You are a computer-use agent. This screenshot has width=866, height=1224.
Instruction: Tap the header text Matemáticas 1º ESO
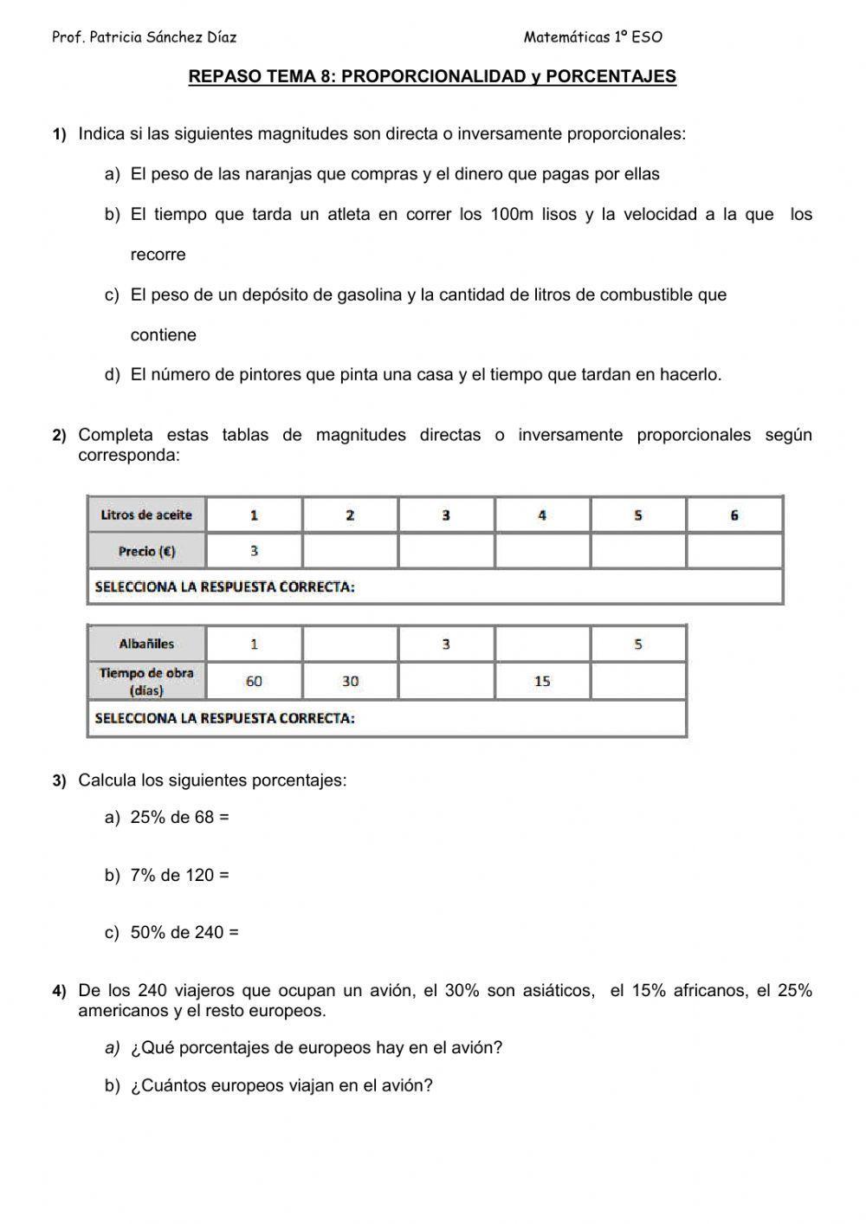pyautogui.click(x=592, y=37)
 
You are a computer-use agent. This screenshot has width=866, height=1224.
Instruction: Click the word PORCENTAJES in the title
pyautogui.click(x=611, y=76)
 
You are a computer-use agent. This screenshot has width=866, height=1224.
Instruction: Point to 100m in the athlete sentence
pyautogui.click(x=513, y=214)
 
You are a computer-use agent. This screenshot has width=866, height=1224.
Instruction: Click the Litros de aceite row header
pyautogui.click(x=146, y=515)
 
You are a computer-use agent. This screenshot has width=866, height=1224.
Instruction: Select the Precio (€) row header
pyautogui.click(x=146, y=551)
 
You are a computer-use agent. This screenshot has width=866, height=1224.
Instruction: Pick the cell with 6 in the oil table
pyautogui.click(x=734, y=515)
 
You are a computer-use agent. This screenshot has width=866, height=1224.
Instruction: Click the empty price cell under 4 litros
pyautogui.click(x=542, y=551)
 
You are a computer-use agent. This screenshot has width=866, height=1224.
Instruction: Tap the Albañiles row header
pyautogui.click(x=146, y=644)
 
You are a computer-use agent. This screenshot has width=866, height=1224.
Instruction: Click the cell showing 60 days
pyautogui.click(x=254, y=681)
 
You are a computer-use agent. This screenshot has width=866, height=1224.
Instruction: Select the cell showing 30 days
pyautogui.click(x=350, y=681)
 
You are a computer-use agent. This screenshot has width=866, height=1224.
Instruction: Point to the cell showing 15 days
pyautogui.click(x=542, y=681)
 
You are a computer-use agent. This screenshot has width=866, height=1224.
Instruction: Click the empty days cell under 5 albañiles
pyautogui.click(x=638, y=681)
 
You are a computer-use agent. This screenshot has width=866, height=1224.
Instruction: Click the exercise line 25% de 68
pyautogui.click(x=179, y=817)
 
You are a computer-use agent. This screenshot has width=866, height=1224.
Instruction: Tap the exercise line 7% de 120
pyautogui.click(x=179, y=875)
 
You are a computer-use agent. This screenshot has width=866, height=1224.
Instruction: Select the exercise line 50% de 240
pyautogui.click(x=184, y=932)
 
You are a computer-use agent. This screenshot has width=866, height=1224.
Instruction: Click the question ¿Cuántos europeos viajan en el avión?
pyautogui.click(x=281, y=1085)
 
